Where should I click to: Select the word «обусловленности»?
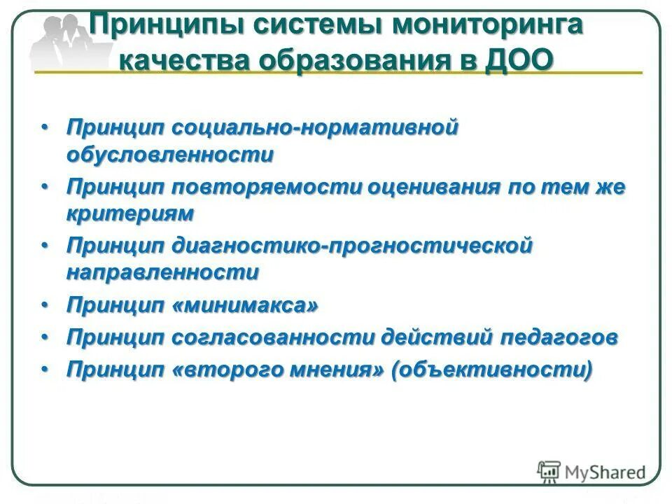[x=169, y=154]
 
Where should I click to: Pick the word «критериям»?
[x=129, y=213]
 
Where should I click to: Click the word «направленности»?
[x=162, y=272]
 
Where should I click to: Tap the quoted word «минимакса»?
[x=244, y=304]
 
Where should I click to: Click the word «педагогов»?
[x=558, y=337]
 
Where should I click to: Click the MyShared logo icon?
[x=549, y=471]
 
